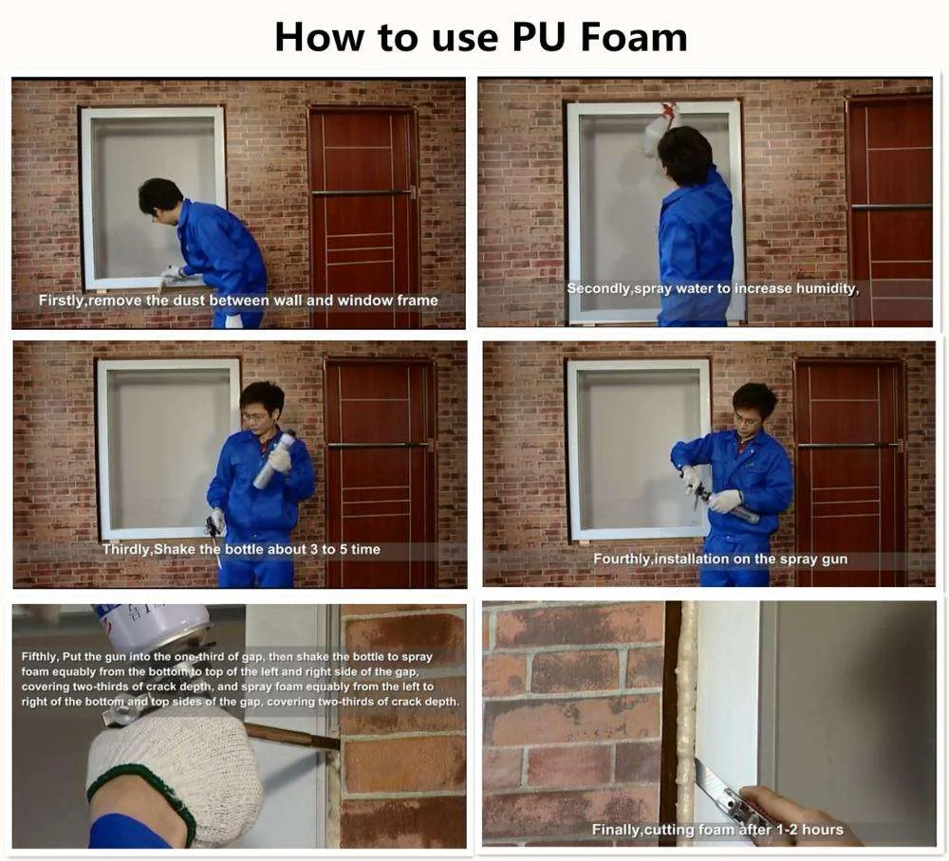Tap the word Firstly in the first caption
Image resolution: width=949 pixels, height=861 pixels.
point(62,301)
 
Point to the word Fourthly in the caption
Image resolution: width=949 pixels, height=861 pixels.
point(622,559)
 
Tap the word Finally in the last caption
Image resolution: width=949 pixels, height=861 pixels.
point(616,830)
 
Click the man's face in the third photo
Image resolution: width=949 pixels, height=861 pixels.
point(256,410)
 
